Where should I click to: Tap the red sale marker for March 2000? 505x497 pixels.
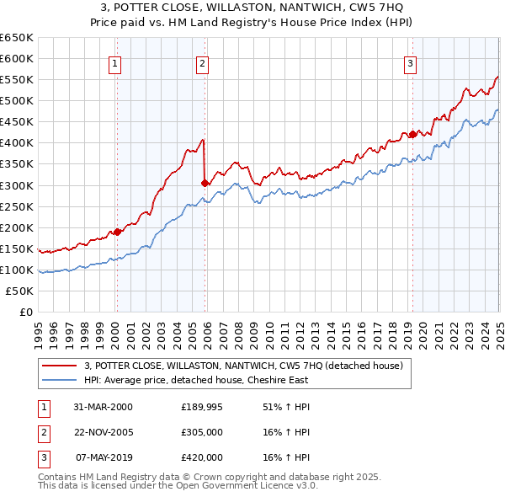(118, 231)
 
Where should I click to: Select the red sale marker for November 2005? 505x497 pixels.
(205, 182)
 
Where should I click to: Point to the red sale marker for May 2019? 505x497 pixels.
(412, 133)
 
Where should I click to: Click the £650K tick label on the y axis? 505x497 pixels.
(17, 38)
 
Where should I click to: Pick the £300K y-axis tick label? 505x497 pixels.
(17, 185)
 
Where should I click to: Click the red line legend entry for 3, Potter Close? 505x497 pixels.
(244, 366)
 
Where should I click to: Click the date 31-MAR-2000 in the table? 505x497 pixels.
(103, 407)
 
